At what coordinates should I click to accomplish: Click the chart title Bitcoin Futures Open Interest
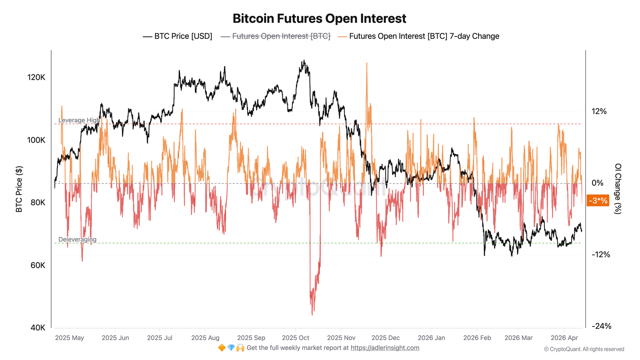point(319,18)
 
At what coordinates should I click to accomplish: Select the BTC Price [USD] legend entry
point(178,36)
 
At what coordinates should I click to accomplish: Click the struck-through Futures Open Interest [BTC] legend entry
point(276,36)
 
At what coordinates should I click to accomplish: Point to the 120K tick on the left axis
point(36,77)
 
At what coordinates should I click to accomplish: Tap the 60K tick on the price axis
point(38,265)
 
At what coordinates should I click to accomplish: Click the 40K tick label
point(38,328)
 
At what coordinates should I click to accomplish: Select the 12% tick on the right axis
point(599,111)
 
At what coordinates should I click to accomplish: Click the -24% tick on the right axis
point(601,326)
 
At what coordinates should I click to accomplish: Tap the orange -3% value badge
point(598,200)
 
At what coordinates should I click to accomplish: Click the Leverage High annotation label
point(79,120)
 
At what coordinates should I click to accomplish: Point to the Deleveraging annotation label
point(77,239)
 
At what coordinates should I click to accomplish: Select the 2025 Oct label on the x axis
point(295,338)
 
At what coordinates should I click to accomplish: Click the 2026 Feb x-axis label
point(477,338)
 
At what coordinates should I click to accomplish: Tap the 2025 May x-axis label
point(69,338)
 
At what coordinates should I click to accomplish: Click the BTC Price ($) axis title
point(19,189)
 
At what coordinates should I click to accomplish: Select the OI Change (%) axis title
point(618,189)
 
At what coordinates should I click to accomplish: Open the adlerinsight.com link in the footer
point(385,348)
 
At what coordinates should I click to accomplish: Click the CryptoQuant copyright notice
point(584,349)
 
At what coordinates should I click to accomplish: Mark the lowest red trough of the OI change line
point(312,314)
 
